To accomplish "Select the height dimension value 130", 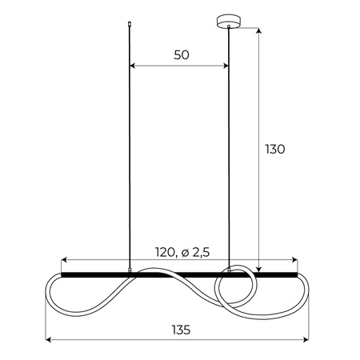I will [x=274, y=149].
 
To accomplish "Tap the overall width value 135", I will [x=181, y=328].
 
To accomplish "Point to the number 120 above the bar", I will [x=165, y=252].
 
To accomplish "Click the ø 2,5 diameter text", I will [x=195, y=252].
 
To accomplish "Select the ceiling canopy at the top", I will [x=229, y=21].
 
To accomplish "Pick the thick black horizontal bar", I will [x=181, y=274].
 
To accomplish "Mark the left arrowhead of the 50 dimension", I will [x=133, y=66].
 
